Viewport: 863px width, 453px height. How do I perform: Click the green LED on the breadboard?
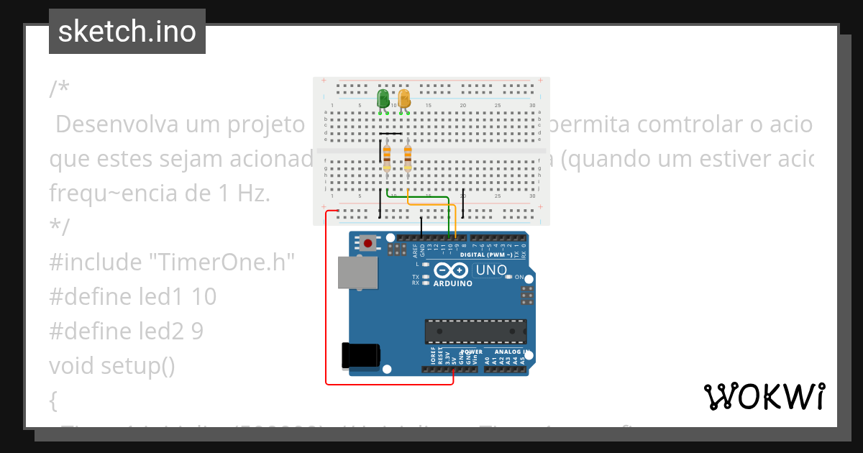point(383,99)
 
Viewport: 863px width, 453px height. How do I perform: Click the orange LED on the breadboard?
point(404,99)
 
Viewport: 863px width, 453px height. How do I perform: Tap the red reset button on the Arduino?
point(368,244)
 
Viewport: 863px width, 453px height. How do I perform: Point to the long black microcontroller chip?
point(475,331)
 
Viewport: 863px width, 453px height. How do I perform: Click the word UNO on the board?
point(490,270)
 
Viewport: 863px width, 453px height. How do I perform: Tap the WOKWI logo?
point(764,396)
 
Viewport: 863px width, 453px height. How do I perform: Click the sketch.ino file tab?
point(127,32)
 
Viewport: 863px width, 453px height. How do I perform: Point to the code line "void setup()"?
point(112,366)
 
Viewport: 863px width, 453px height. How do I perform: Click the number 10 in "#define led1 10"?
point(204,297)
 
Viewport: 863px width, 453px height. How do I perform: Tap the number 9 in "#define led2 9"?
point(197,331)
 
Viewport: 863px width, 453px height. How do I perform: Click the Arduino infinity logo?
point(451,271)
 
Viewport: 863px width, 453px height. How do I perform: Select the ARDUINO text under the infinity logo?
point(453,283)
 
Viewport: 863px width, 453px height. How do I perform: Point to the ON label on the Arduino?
point(519,277)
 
